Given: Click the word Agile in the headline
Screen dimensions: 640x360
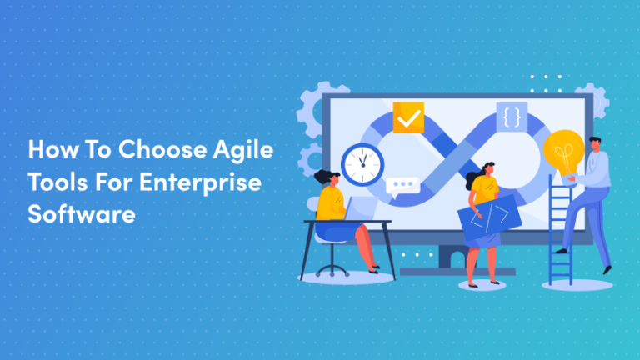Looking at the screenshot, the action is (242, 150).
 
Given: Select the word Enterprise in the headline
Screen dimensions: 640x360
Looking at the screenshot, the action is (200, 182).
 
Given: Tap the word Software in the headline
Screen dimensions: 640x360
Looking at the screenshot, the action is (82, 213).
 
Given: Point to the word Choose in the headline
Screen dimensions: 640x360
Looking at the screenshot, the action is (162, 148).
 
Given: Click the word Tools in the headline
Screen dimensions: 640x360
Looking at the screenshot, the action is (58, 182).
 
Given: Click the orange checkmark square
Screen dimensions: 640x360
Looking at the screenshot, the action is (408, 117).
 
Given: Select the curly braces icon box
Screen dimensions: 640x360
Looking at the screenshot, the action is (512, 117).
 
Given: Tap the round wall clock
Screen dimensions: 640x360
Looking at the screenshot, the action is (362, 164).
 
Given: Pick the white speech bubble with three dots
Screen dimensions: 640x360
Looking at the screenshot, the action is (402, 187).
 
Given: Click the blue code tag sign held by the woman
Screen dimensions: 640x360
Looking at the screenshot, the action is (489, 217).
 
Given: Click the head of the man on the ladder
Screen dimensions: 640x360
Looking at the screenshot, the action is (595, 144).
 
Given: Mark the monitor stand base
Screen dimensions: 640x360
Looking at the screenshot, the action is (457, 272).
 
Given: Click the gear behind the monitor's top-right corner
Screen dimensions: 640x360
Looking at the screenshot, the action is (595, 100).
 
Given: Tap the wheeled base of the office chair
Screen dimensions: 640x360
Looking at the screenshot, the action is (332, 271).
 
